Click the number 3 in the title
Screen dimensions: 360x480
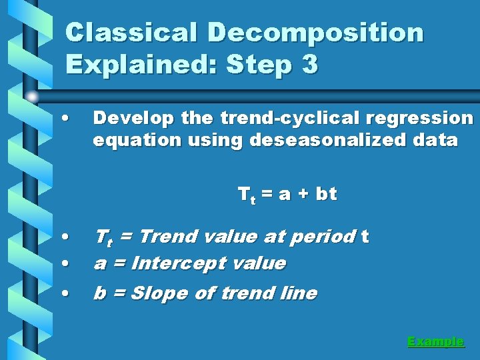(309, 65)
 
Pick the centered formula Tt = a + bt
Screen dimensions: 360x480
(287, 195)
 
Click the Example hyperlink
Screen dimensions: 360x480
(435, 341)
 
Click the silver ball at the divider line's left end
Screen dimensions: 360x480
(32, 97)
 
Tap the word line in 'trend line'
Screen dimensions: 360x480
(299, 293)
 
